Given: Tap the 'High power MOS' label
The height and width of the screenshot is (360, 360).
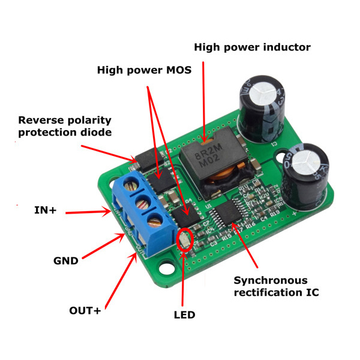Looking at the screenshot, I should click(x=144, y=70).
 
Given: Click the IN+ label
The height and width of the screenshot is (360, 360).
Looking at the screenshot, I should click(x=46, y=210).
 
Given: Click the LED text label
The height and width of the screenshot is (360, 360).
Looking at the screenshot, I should click(x=184, y=314).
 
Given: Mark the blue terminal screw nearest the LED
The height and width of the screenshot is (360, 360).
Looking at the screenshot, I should click(x=155, y=220).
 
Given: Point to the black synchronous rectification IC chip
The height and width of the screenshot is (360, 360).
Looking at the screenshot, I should click(x=227, y=213).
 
